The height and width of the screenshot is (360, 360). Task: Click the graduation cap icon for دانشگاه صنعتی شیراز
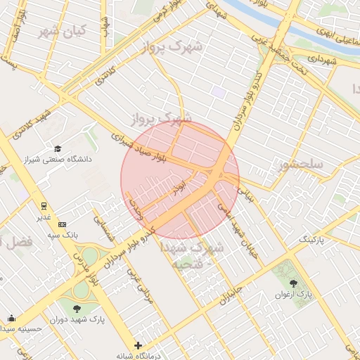58,148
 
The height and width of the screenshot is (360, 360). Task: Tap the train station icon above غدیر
44,205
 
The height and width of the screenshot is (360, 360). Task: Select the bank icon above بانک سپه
63,224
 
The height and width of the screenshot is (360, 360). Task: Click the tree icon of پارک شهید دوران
77,307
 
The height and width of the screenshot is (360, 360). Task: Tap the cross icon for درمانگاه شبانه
138,345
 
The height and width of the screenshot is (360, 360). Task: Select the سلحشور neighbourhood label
300,165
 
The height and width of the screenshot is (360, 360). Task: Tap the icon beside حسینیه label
11,318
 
